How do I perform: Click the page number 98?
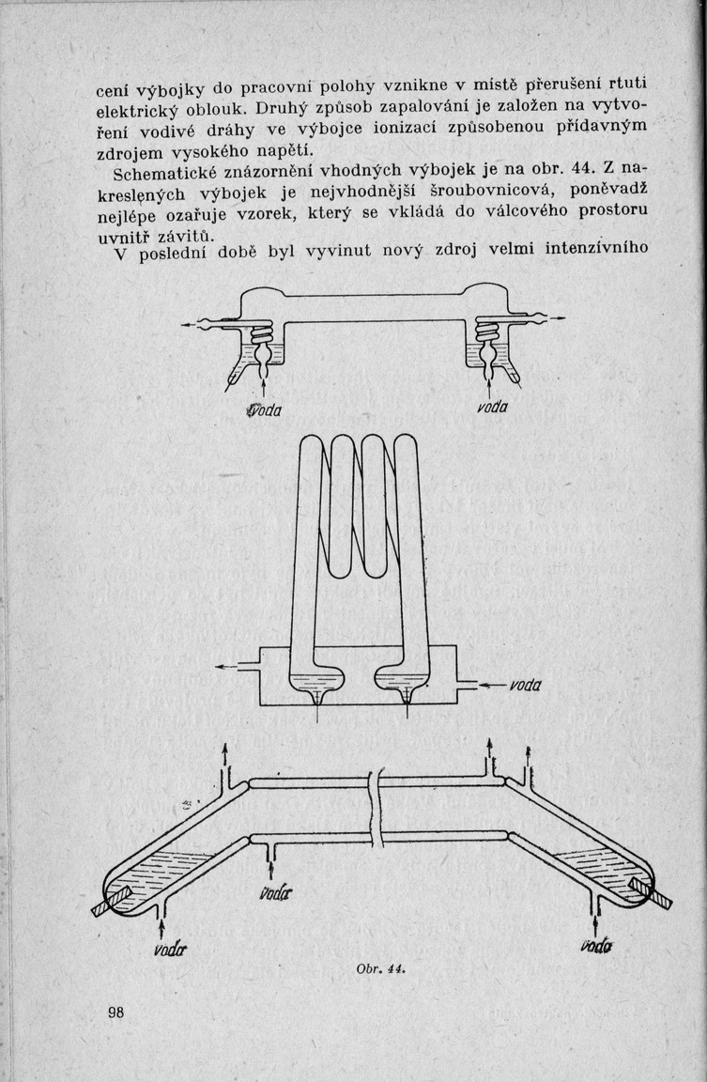[117, 1012]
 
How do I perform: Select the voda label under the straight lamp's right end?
[493, 406]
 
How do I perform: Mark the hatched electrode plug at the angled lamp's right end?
[652, 892]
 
